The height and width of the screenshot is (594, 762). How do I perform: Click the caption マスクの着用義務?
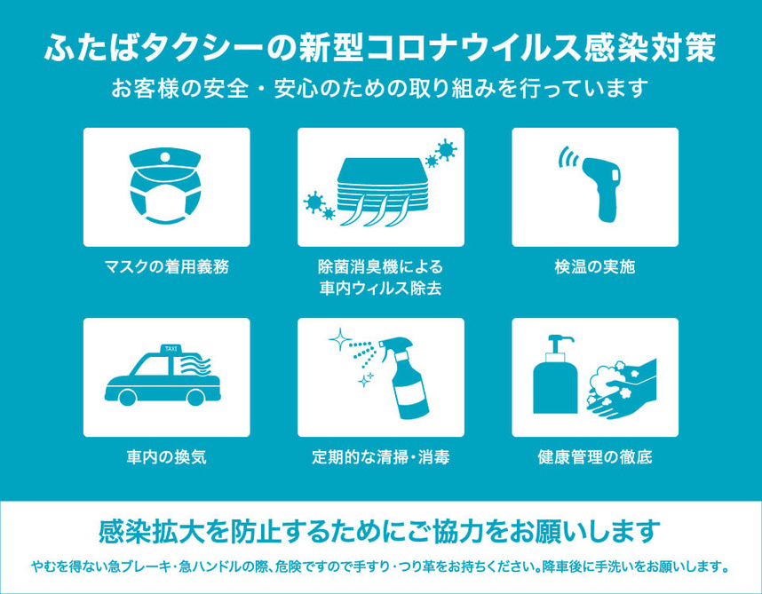click(x=166, y=266)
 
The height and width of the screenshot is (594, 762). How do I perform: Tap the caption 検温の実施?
click(x=595, y=266)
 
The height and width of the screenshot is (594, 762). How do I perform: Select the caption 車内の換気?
click(x=166, y=457)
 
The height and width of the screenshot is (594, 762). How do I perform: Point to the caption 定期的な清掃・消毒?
click(x=380, y=457)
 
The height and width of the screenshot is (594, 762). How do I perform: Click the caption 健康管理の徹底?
click(x=595, y=457)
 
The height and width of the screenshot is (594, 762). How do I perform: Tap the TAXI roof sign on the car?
click(x=171, y=349)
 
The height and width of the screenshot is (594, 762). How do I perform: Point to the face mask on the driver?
click(x=165, y=202)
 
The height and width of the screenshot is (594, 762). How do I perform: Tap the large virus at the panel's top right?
click(x=446, y=149)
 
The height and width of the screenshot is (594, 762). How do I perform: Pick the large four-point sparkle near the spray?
click(x=340, y=339)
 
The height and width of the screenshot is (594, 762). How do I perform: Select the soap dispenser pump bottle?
click(x=555, y=375)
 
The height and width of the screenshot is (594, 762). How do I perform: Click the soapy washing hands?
click(x=621, y=389)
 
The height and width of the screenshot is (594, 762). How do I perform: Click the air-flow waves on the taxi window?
click(x=195, y=365)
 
